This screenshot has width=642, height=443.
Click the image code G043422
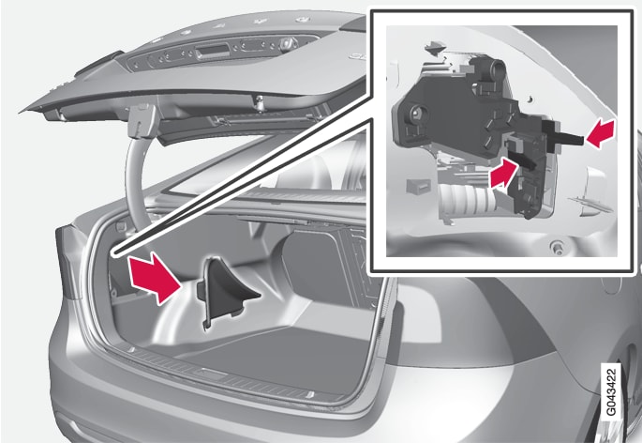coord(611,391)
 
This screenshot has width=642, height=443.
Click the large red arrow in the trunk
coord(154,277)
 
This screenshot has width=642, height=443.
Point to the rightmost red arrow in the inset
coord(601,133)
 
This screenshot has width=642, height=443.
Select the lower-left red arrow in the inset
coord(502,174)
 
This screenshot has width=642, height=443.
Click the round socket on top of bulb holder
coord(497,67)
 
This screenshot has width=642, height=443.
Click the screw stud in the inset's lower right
coord(556,246)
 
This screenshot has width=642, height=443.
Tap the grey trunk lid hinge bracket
coord(142,120)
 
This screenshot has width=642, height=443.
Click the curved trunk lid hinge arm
coord(134,176)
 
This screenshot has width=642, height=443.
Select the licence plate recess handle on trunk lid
coord(212,53)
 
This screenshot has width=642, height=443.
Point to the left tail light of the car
coord(67,263)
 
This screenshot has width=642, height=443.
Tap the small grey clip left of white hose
coord(418,186)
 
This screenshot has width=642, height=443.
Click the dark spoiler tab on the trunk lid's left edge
coord(97,64)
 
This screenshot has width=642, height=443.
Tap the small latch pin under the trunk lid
coord(259,104)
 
